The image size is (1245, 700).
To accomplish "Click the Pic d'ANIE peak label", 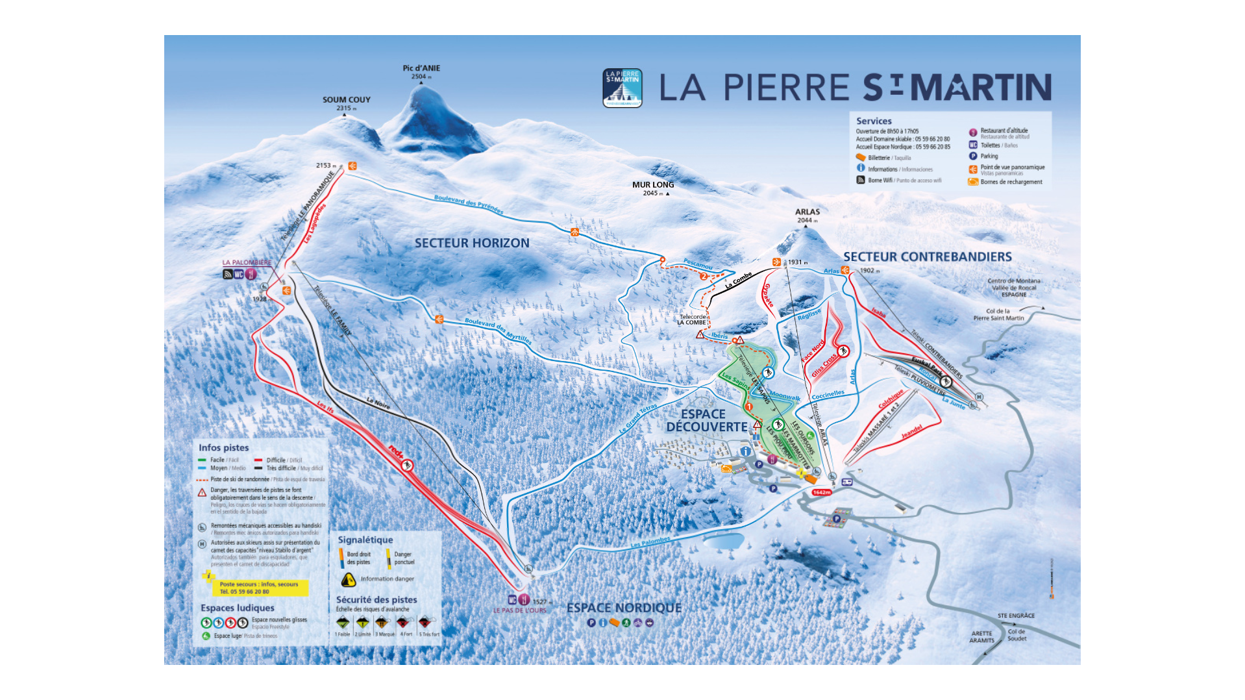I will point(421,68).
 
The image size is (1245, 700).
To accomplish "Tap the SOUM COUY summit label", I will point(347,100).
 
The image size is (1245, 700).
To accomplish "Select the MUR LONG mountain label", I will point(653,185).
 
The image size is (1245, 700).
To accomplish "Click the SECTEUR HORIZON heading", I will point(472,243).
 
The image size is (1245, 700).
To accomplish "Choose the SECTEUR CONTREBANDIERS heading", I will point(927,257).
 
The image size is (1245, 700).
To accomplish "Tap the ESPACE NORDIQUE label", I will point(624,608).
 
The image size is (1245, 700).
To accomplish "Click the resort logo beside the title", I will point(622,88).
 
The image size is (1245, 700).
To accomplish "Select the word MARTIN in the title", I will point(980,88).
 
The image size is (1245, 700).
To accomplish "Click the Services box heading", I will point(874,121).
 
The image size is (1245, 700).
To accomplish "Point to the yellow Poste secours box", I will point(259,588).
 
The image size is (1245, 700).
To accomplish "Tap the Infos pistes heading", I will point(223,447).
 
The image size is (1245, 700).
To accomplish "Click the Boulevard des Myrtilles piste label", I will point(498,331).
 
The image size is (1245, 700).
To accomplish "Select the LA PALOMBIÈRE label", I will point(247,263).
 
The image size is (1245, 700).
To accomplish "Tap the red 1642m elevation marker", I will point(821,492).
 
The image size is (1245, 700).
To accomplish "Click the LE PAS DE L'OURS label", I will point(520,610).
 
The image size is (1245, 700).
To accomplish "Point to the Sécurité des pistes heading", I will point(376,599).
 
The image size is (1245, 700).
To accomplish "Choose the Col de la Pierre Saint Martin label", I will point(998,314).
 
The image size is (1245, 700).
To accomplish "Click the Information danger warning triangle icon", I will point(349,579).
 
